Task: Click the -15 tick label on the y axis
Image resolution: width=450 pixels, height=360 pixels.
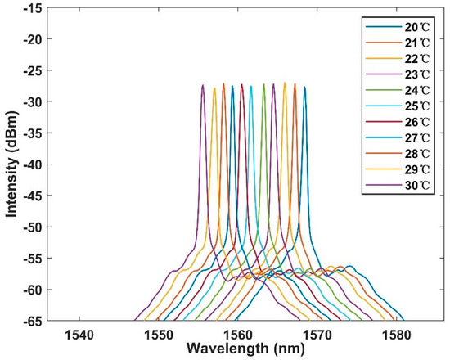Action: [32, 8]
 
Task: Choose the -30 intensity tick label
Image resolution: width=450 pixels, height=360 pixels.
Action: [32, 101]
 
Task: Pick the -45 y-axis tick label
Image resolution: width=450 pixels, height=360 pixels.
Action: [32, 196]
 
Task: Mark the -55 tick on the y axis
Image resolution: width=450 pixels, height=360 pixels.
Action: [32, 258]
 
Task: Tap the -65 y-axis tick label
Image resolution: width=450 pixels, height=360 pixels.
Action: [32, 320]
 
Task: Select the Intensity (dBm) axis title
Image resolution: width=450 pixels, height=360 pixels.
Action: [11, 164]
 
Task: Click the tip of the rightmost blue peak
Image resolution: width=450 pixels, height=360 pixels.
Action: [304, 87]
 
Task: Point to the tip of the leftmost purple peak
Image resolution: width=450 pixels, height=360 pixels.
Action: [202, 85]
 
